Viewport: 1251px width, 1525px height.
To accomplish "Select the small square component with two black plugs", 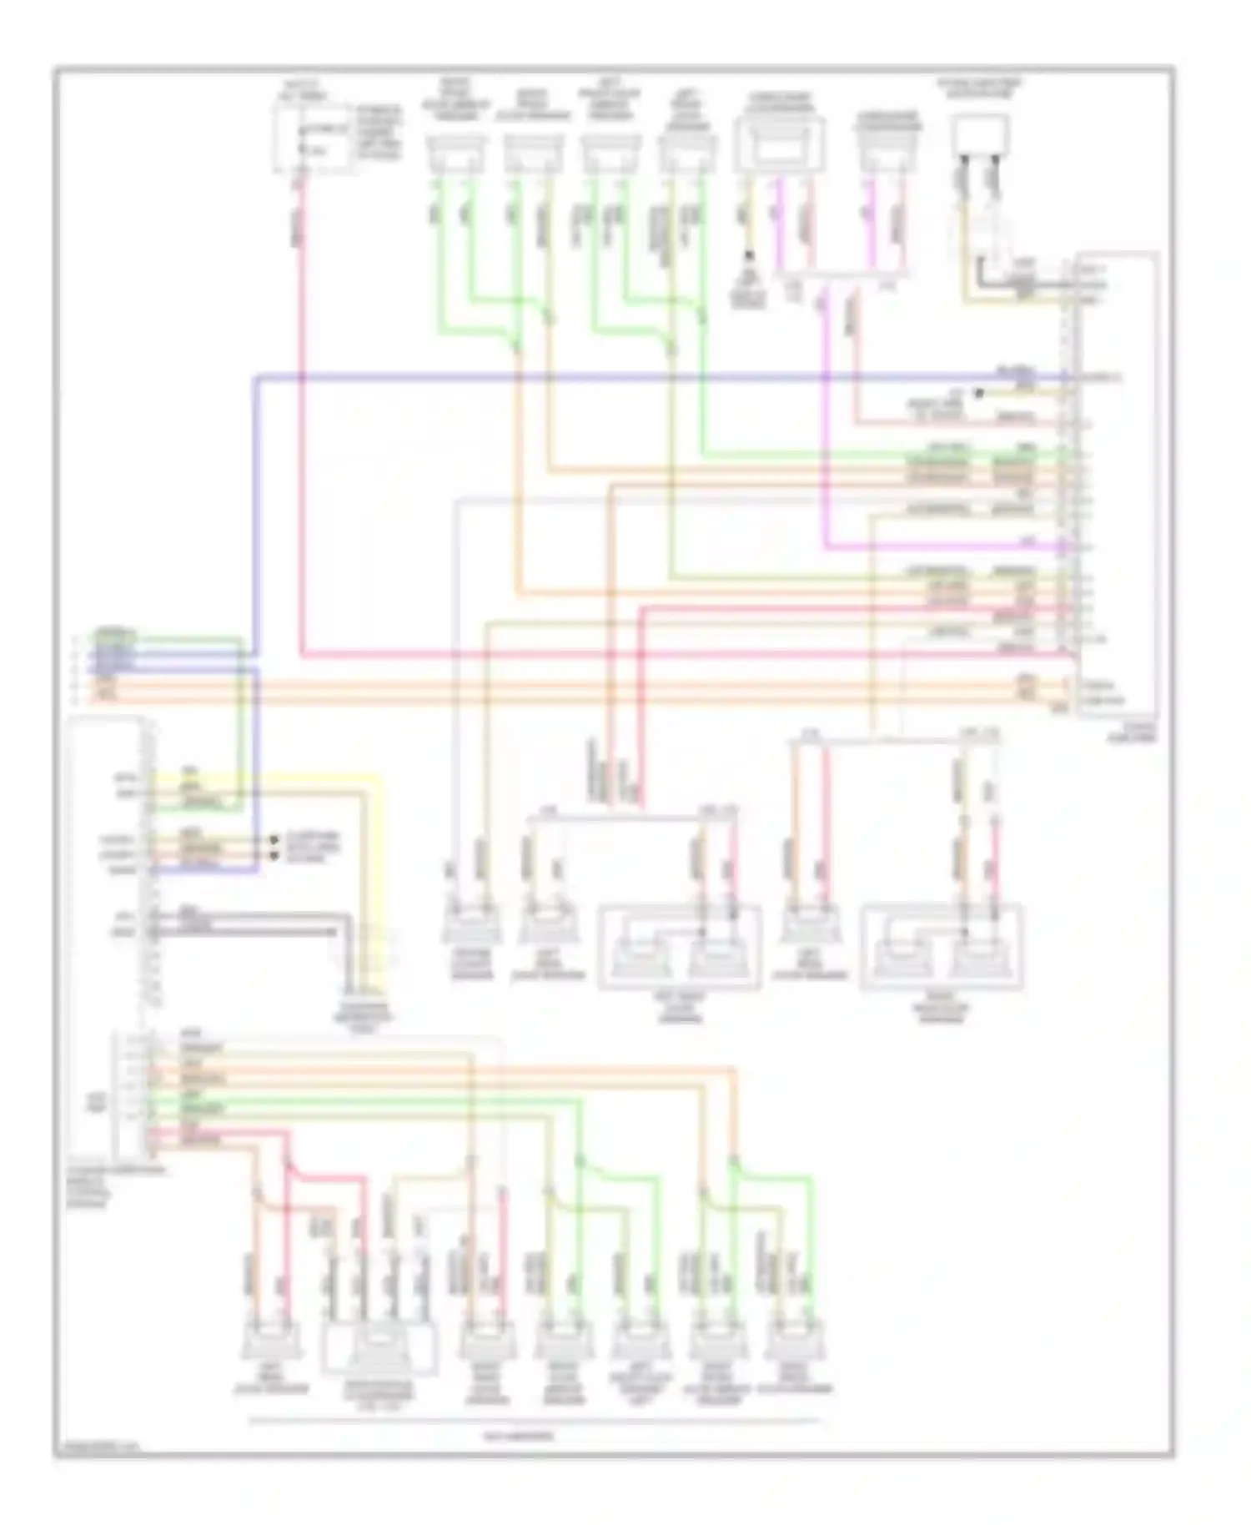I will click(980, 138).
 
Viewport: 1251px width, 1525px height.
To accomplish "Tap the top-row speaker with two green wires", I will click(455, 154).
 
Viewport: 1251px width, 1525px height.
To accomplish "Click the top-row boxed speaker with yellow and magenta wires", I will click(779, 146).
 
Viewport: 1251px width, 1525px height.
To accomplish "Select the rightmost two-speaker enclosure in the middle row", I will click(941, 947).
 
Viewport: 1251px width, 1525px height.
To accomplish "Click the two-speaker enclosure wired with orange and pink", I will click(680, 947).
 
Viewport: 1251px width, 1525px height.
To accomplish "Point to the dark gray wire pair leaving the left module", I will click(250, 922).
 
